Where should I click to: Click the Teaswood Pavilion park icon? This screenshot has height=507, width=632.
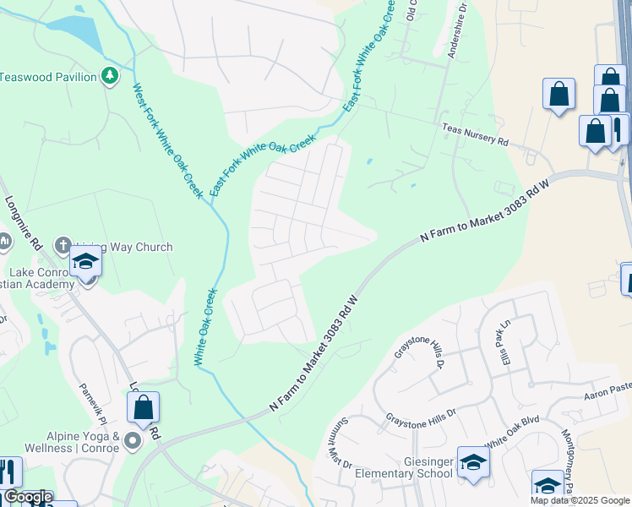point(109,77)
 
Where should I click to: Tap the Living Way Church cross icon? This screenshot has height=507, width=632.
point(62,246)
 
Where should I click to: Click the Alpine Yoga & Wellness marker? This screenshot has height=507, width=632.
point(132,440)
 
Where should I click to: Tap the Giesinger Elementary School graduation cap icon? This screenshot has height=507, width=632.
point(473,463)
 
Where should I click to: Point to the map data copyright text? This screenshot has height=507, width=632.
point(580,500)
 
